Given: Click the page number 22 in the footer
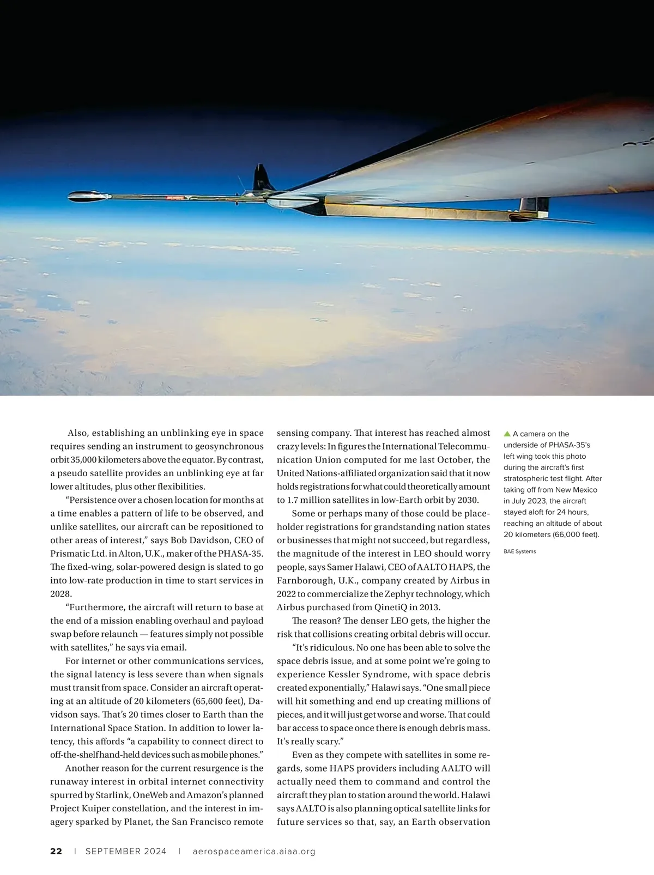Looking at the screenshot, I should [56, 851].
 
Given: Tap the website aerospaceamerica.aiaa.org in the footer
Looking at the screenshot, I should [254, 851].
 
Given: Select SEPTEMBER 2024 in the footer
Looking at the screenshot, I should [126, 851].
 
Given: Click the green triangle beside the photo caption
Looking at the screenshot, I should [507, 434].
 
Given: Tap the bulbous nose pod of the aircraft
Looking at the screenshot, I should [87, 196].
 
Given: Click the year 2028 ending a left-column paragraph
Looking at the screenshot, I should [61, 594].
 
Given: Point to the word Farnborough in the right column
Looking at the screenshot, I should [303, 581].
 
